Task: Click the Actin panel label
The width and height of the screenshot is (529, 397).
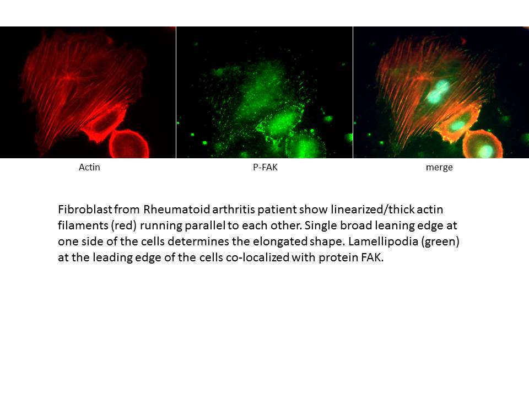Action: pyautogui.click(x=89, y=167)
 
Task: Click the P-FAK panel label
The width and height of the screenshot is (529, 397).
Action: pyautogui.click(x=265, y=167)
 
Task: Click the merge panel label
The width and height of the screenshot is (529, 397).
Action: pyautogui.click(x=439, y=168)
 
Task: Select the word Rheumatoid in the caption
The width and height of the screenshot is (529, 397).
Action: pyautogui.click(x=177, y=210)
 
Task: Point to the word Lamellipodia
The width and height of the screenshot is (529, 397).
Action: pyautogui.click(x=384, y=242)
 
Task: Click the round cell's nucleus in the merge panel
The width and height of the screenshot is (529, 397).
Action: pyautogui.click(x=486, y=151)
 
